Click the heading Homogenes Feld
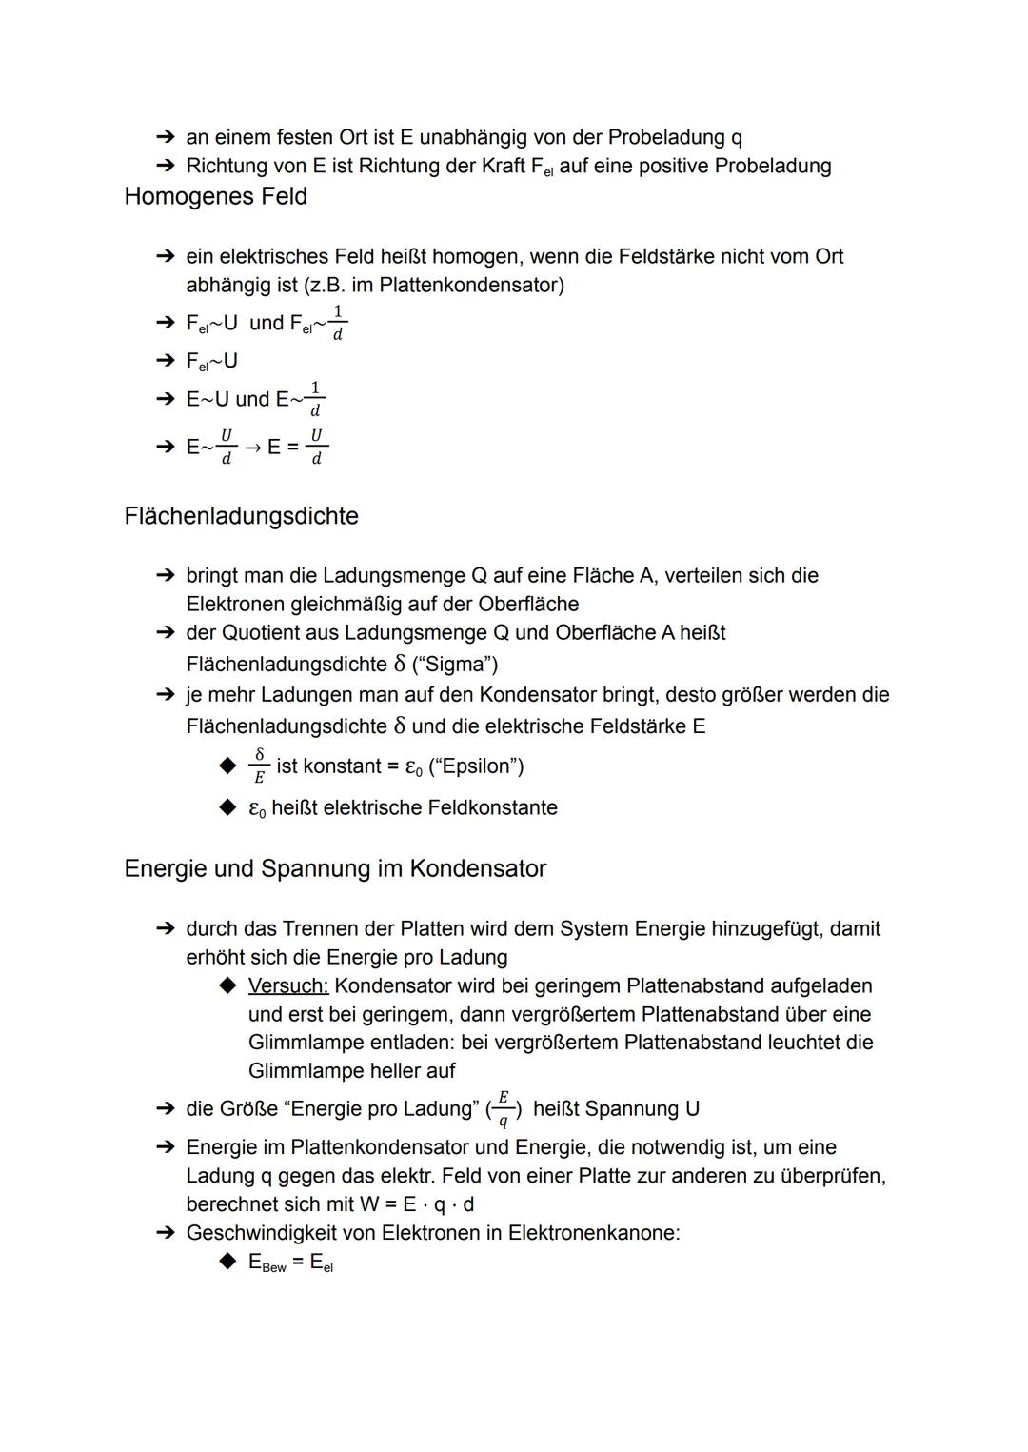click(x=215, y=196)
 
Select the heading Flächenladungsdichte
click(x=241, y=516)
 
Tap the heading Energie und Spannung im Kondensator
click(x=335, y=868)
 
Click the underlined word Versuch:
click(x=287, y=985)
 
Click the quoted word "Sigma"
click(x=455, y=664)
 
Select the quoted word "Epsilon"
click(x=476, y=766)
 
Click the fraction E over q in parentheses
click(x=503, y=1109)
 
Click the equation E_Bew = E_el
click(x=290, y=1263)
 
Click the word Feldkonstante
click(x=492, y=807)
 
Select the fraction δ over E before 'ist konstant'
click(x=258, y=766)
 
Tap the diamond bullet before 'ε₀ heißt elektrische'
click(x=227, y=807)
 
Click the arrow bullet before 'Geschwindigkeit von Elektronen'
click(x=166, y=1233)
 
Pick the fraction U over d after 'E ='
click(x=316, y=447)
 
